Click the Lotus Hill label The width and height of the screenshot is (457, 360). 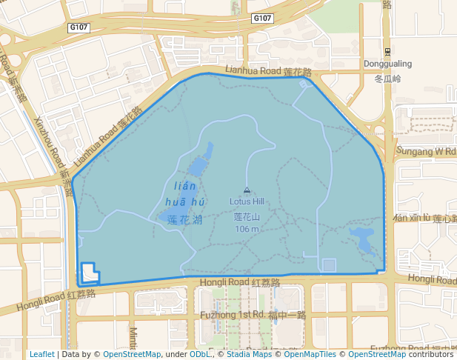pos(247,201)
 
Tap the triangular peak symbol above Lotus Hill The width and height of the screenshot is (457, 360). pos(247,190)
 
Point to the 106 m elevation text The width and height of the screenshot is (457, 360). pos(247,229)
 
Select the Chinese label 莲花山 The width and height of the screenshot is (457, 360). pos(247,217)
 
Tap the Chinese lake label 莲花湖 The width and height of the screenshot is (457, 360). pos(184,220)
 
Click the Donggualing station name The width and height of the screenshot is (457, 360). pos(387,64)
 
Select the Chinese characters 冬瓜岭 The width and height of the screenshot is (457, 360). pos(387,78)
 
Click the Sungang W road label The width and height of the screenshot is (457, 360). pos(427,150)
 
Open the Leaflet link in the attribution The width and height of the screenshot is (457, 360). pos(41,354)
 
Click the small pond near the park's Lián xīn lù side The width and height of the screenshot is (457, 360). pos(362,239)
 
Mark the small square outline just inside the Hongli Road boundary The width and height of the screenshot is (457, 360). pos(329,264)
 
